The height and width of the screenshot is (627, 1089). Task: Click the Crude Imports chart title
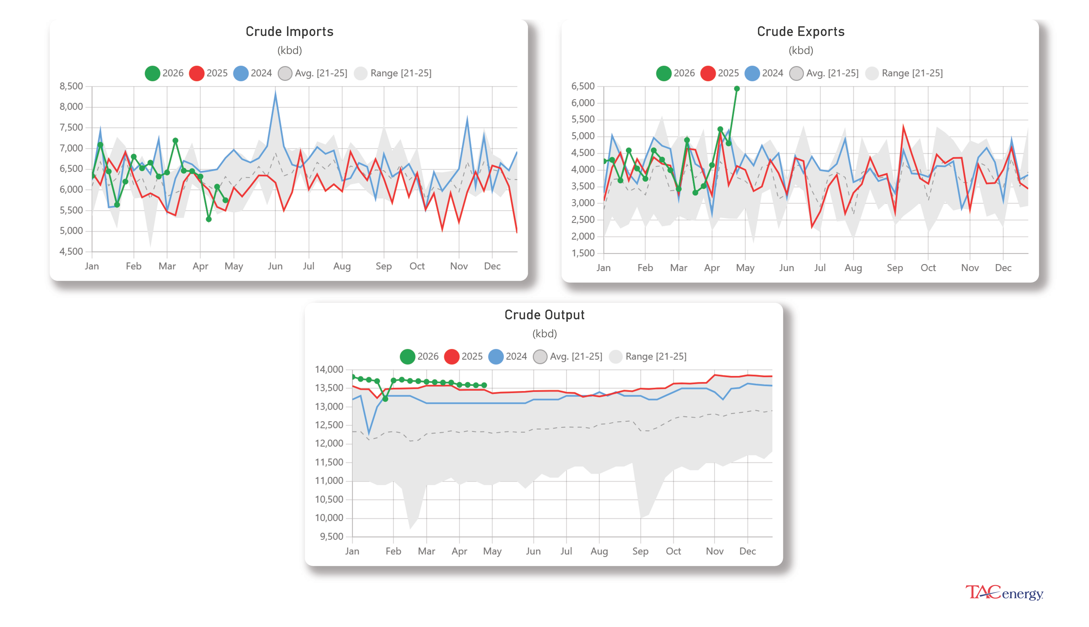click(289, 31)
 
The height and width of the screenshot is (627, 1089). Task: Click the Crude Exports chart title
click(800, 31)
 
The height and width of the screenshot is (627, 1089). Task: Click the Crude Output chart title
click(544, 315)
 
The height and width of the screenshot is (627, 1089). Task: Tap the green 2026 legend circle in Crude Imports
click(152, 73)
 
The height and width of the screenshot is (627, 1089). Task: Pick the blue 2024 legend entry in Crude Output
click(507, 356)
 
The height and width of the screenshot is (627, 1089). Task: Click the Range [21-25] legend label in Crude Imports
click(400, 73)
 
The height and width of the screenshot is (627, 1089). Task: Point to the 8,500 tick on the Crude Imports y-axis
click(71, 86)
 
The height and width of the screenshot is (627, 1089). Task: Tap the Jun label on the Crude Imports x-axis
click(275, 266)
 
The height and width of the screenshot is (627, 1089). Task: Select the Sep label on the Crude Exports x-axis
click(895, 268)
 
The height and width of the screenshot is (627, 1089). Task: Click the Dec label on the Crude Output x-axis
click(747, 551)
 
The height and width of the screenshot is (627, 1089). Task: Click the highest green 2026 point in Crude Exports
click(736, 89)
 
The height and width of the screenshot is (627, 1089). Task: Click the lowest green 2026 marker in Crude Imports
click(208, 219)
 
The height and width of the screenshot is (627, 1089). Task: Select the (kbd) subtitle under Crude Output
click(544, 334)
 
